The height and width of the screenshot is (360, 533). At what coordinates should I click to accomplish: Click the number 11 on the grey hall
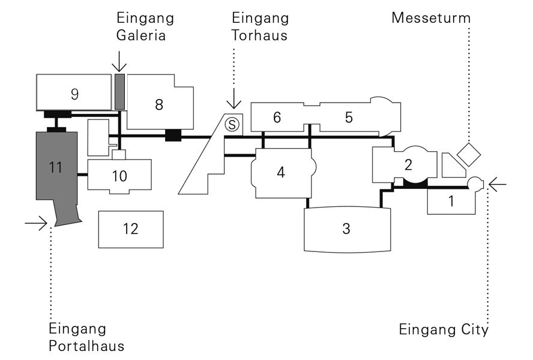56,167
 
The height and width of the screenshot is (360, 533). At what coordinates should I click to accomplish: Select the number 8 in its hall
158,104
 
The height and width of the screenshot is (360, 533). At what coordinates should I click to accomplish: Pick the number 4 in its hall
280,172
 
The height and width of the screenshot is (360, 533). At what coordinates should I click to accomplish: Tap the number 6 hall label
277,118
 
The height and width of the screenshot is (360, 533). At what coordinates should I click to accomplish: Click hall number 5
348,118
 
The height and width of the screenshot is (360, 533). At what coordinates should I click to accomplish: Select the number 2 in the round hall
408,164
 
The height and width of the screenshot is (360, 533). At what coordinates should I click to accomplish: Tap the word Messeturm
430,17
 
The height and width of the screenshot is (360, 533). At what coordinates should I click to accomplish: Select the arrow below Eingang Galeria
119,61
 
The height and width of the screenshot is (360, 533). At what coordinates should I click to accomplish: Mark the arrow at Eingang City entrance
498,183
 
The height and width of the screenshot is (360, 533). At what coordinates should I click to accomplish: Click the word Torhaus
260,35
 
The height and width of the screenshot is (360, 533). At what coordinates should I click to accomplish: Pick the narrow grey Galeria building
119,91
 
